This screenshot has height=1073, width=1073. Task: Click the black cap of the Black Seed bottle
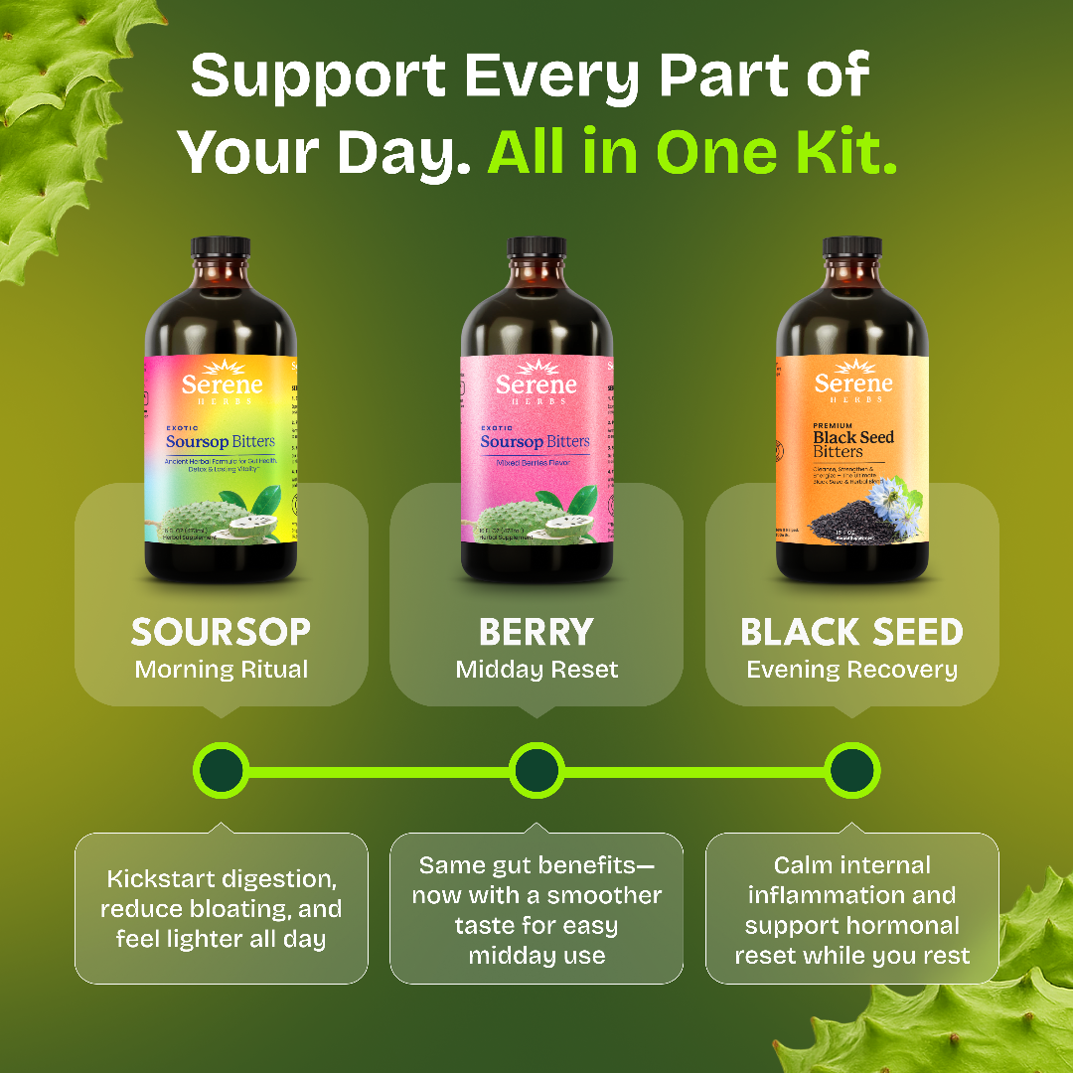click(851, 247)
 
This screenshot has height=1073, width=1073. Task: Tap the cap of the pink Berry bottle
click(536, 247)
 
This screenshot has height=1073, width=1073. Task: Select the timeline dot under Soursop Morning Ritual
click(221, 770)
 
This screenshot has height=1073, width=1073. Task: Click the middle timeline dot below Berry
click(536, 770)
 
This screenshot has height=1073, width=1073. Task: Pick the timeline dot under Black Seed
click(851, 770)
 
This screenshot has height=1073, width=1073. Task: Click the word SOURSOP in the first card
click(221, 632)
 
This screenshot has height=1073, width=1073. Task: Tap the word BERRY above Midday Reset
click(536, 632)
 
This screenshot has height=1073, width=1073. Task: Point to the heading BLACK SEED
click(851, 632)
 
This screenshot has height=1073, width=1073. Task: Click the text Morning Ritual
click(221, 670)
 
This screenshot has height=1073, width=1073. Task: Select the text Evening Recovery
click(851, 670)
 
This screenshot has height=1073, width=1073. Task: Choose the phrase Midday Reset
click(536, 670)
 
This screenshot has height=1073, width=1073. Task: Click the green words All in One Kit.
click(691, 152)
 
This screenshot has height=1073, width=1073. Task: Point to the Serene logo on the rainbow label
click(222, 383)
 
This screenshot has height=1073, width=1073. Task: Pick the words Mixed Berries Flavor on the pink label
click(536, 463)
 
